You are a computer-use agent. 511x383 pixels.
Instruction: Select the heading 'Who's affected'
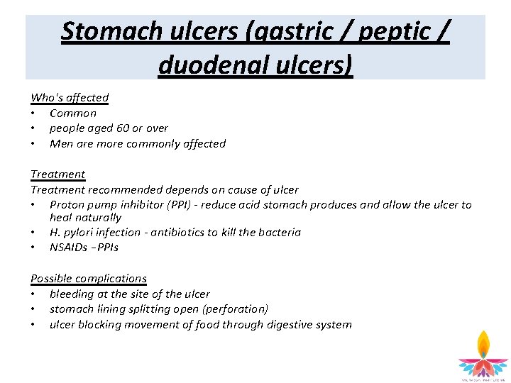coord(70,98)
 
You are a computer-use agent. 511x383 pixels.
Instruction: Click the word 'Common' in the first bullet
coord(73,113)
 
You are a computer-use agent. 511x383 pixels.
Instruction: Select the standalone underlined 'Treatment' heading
coord(57,174)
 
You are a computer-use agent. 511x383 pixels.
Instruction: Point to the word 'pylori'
coord(79,233)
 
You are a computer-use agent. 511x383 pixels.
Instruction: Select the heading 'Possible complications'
coord(89,279)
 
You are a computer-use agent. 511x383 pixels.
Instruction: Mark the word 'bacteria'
coord(278,233)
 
